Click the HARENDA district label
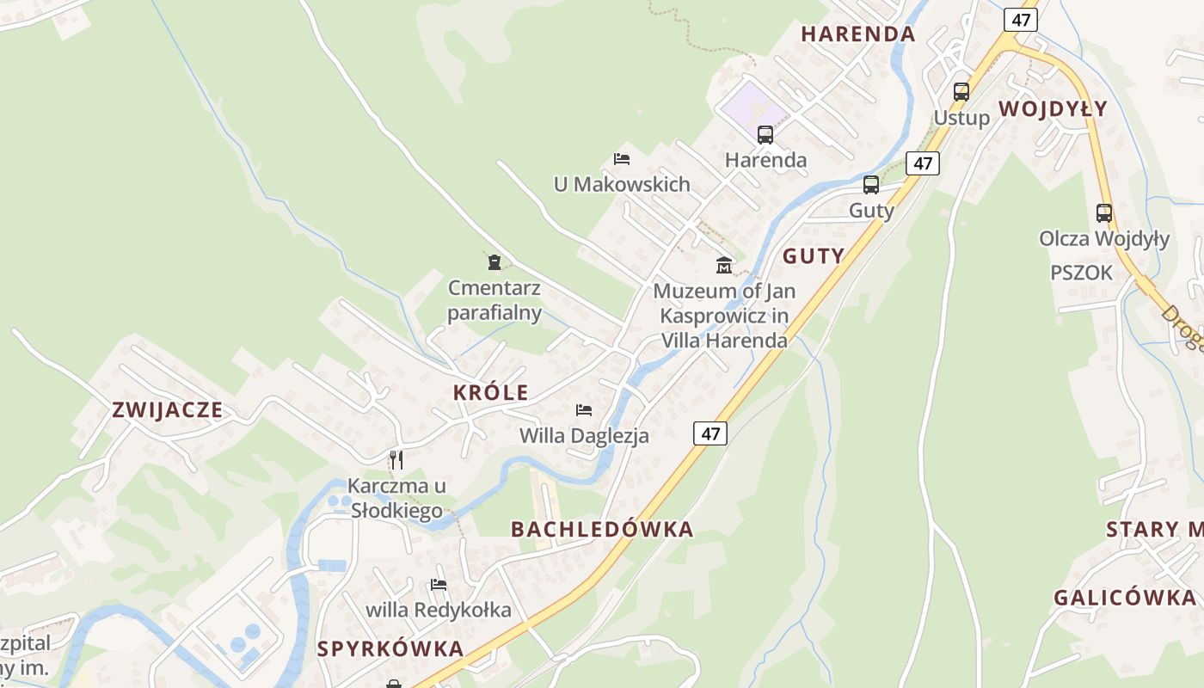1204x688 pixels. point(857,34)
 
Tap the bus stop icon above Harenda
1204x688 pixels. point(765,134)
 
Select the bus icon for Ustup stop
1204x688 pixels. point(961,91)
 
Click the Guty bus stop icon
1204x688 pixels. point(870,185)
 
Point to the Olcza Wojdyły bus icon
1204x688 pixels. point(1103,212)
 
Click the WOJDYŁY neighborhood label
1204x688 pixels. point(1053,109)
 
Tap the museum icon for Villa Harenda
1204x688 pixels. point(724,265)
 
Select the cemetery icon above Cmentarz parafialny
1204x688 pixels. point(494,261)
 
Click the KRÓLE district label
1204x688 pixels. point(490,392)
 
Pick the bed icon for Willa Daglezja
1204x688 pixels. point(584,409)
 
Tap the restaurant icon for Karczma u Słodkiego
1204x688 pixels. point(396,459)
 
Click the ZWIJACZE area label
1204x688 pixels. point(168,410)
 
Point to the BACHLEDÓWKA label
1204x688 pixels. point(602,530)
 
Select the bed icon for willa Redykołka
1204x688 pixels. point(439,585)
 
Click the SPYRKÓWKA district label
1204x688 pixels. point(390,649)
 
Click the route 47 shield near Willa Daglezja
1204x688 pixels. point(709,433)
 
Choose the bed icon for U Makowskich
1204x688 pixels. point(622,158)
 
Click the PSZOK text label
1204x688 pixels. point(1081,273)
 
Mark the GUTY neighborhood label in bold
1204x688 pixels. point(813,256)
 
